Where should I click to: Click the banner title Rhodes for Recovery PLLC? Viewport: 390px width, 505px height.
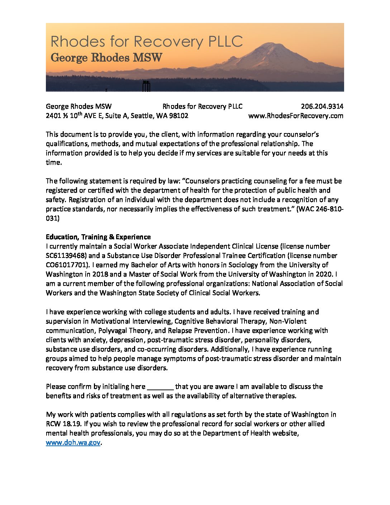[x=147, y=42]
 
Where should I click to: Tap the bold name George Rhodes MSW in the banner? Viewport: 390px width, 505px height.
[x=106, y=57]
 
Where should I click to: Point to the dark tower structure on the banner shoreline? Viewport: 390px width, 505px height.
[x=146, y=86]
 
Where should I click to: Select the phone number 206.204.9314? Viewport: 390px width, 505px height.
[x=322, y=106]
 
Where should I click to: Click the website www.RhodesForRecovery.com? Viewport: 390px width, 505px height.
[x=296, y=115]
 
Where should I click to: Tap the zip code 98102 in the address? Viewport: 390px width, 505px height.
[x=178, y=115]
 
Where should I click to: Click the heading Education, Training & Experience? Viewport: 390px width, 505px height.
[x=98, y=237]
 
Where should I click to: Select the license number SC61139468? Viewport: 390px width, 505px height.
[x=66, y=255]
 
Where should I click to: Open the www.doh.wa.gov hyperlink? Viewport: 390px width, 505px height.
[x=73, y=442]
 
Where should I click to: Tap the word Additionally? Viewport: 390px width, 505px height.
[x=229, y=349]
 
